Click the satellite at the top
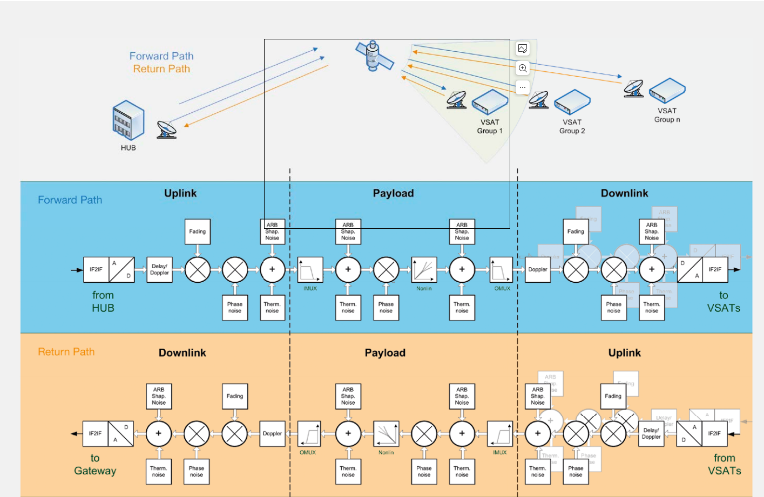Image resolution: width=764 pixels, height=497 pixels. tap(373, 56)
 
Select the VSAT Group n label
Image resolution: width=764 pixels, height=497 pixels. tap(667, 115)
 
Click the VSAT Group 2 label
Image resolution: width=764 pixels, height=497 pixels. tap(572, 126)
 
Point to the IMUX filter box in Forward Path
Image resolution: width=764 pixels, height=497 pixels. tap(310, 270)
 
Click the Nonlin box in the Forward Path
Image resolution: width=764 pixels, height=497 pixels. tap(424, 270)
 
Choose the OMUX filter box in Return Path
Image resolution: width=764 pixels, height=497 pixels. tap(309, 434)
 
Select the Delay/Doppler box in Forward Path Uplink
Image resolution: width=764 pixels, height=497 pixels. tap(159, 270)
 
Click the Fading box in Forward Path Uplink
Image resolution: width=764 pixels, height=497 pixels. tap(197, 232)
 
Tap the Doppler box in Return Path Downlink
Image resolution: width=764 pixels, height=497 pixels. tap(272, 434)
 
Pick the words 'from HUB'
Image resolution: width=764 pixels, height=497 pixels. tap(103, 302)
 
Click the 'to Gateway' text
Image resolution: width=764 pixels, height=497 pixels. tap(95, 465)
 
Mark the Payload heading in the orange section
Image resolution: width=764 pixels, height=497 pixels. tap(385, 353)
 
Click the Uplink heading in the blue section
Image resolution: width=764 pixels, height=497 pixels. tap(180, 193)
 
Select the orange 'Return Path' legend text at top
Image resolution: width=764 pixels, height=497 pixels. tap(161, 69)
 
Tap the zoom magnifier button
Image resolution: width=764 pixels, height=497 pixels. tap(523, 68)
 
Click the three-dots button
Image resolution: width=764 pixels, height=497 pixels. tap(523, 87)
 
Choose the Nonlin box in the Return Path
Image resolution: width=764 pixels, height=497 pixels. tap(386, 434)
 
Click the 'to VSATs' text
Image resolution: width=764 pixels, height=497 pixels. tap(724, 302)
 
